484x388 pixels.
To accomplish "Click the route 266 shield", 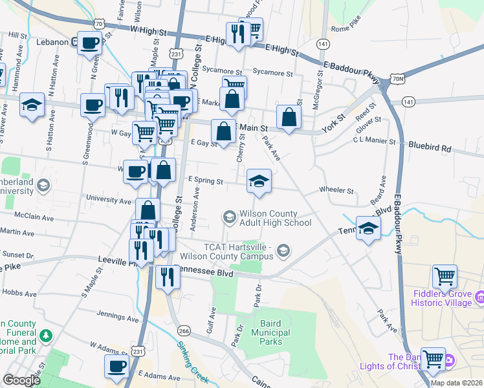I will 184,331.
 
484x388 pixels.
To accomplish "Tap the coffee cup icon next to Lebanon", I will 90,43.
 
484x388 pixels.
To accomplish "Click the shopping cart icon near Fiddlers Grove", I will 445,276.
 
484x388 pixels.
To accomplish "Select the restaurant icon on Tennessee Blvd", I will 168,276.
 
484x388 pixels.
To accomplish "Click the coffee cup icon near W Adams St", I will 117,366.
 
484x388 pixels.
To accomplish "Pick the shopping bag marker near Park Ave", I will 289,117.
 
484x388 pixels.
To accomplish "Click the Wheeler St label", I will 336,191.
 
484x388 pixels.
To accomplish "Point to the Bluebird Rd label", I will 429,147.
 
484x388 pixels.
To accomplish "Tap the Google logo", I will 21,380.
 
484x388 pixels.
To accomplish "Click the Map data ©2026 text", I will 457,383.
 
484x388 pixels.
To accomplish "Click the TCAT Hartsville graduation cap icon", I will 283,250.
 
